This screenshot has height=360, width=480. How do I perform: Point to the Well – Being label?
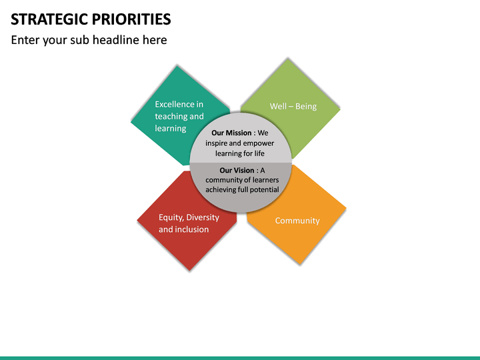point(293,107)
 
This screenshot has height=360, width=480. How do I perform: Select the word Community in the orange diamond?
point(297,221)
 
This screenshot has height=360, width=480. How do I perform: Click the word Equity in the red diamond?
point(170,217)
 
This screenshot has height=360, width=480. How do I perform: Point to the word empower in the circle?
point(259,143)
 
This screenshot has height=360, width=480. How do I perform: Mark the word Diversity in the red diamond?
point(203,217)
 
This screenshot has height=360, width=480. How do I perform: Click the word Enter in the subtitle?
point(25,40)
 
